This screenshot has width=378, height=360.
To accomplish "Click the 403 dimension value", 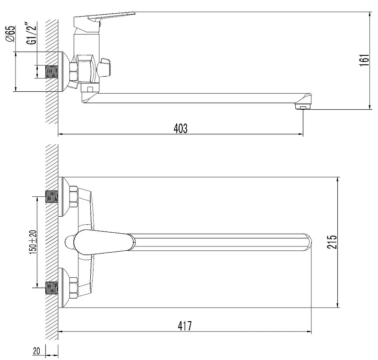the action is pyautogui.click(x=180, y=129).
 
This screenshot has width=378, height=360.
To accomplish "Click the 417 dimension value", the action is pyautogui.click(x=185, y=326).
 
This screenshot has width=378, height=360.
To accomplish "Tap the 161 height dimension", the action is pyautogui.click(x=365, y=61).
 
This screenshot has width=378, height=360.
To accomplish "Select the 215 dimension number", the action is pyautogui.click(x=332, y=242).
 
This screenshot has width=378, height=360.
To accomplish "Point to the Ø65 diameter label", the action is pyautogui.click(x=10, y=34).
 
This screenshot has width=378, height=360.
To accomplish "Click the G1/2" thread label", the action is pyautogui.click(x=32, y=33).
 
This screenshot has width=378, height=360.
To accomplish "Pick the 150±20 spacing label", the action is pyautogui.click(x=33, y=242).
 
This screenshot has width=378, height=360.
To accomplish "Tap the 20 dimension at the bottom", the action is pyautogui.click(x=36, y=351).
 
